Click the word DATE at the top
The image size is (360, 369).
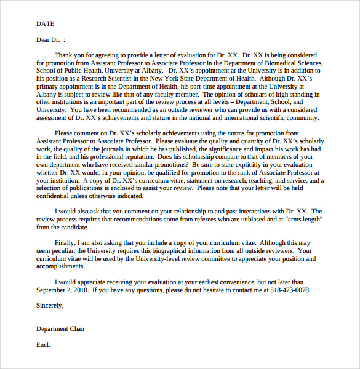click(x=46, y=24)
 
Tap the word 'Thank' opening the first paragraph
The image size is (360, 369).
click(x=63, y=55)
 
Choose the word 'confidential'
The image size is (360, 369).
click(x=56, y=196)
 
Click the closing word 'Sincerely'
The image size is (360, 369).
click(x=50, y=306)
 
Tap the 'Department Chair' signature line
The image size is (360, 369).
click(x=61, y=329)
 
